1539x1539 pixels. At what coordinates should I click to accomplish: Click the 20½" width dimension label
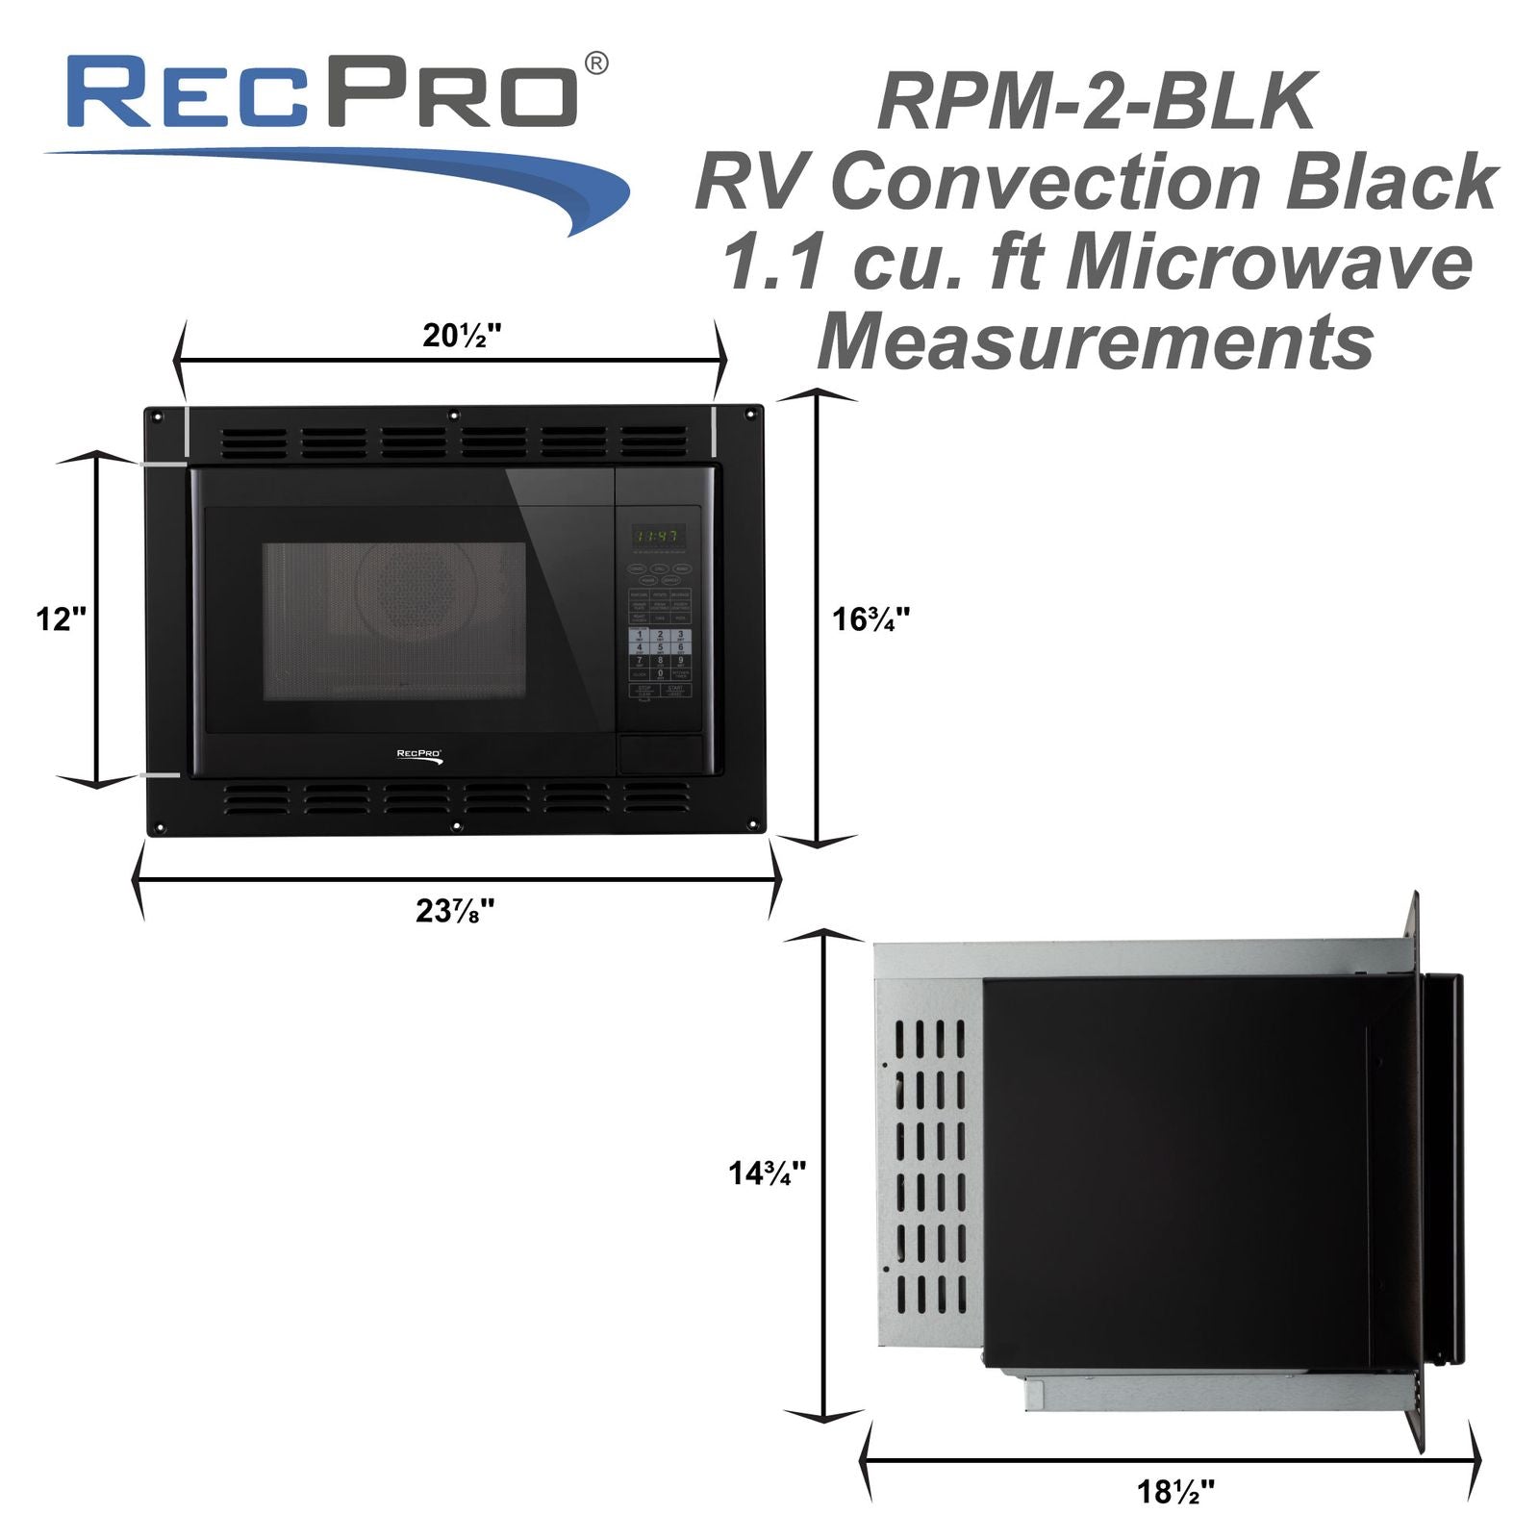click(x=462, y=336)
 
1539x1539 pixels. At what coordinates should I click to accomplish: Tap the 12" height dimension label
click(x=61, y=618)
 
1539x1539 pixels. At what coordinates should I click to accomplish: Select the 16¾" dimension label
click(x=870, y=618)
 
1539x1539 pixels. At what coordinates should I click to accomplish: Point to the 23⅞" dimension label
click(x=455, y=910)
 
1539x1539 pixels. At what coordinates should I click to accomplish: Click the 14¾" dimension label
click(x=767, y=1173)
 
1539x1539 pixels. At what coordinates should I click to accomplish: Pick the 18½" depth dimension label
click(x=1175, y=1492)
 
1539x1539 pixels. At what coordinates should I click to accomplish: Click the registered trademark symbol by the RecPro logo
click(x=596, y=64)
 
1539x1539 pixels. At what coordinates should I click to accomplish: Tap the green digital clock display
click(x=658, y=537)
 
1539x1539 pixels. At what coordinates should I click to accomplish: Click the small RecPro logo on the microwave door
click(x=419, y=756)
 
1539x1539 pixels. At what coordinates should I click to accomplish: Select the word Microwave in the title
click(x=1269, y=264)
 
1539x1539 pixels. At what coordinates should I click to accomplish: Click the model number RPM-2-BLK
click(x=1096, y=103)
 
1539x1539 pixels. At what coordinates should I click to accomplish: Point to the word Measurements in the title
click(x=1095, y=342)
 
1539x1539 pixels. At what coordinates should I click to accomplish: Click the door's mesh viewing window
click(x=394, y=620)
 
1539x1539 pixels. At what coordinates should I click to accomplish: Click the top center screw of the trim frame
click(x=453, y=416)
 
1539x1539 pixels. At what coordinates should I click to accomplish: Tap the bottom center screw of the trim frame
click(x=455, y=825)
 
